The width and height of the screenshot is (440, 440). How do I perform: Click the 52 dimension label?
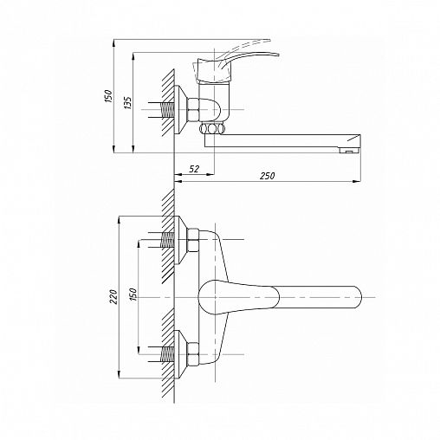[194, 169]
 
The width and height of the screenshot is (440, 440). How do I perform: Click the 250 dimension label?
[267, 176]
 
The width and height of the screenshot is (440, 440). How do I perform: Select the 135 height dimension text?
[127, 102]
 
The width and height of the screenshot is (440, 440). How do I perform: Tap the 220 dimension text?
[114, 296]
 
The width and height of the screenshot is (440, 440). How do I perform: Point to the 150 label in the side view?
[108, 96]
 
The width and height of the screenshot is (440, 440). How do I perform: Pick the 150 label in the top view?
[133, 294]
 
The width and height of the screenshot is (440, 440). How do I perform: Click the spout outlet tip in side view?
[349, 151]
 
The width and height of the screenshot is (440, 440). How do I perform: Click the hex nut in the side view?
[193, 110]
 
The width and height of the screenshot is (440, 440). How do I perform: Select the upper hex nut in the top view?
[193, 240]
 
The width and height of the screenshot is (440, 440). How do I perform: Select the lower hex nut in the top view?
[193, 354]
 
